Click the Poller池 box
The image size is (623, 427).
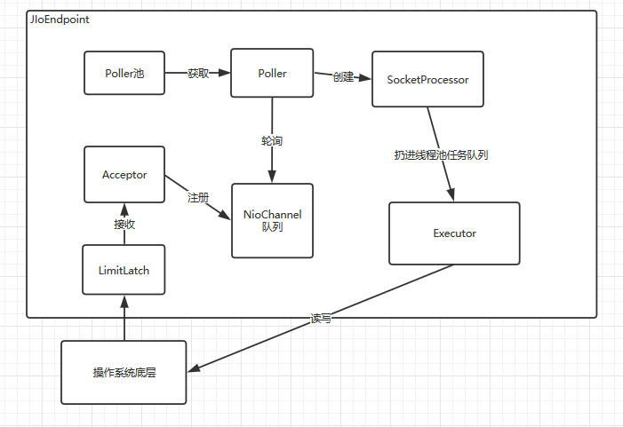tap(125, 74)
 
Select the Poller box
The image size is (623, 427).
tap(272, 74)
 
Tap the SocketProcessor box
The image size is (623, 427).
tap(427, 80)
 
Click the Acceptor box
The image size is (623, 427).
tap(124, 175)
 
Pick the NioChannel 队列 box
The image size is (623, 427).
tap(272, 220)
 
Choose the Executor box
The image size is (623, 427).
tap(454, 233)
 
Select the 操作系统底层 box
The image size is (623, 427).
tap(124, 372)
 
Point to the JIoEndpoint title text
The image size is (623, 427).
tap(60, 19)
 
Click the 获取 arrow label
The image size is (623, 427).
tap(198, 74)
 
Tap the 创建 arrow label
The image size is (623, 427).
tap(344, 76)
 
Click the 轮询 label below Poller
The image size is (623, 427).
tap(272, 140)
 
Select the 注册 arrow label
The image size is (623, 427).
tap(197, 197)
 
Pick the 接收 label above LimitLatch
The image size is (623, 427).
tap(124, 224)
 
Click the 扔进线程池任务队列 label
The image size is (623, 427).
tap(442, 154)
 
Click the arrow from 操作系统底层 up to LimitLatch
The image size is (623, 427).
tap(124, 319)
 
